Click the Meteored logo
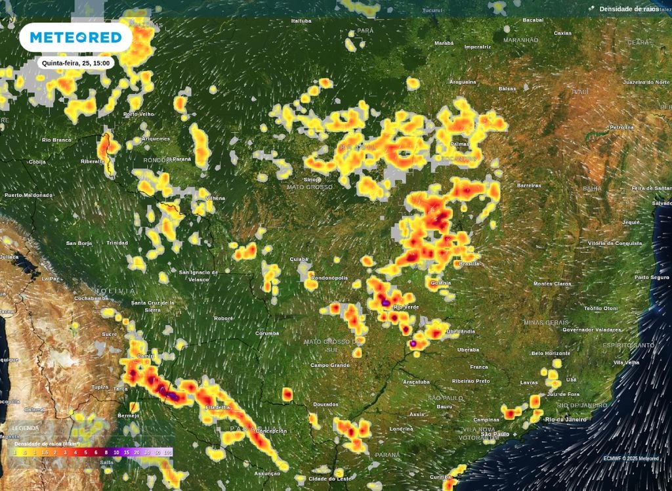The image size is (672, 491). [x=75, y=37]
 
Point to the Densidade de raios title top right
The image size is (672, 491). [x=629, y=9]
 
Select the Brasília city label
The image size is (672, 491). [x=470, y=263]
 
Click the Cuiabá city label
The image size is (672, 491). [x=299, y=259]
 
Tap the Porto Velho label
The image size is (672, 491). [x=138, y=114]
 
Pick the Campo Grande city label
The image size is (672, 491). [x=329, y=365]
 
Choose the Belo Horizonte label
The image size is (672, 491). [x=551, y=353]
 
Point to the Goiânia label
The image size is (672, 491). [x=441, y=283]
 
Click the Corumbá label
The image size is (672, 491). [x=267, y=333]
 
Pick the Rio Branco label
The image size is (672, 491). [x=56, y=140]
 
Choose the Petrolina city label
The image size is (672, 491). [x=621, y=127]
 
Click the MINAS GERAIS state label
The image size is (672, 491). [x=546, y=322]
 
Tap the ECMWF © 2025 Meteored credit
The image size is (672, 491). [x=632, y=458]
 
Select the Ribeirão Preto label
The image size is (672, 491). [x=471, y=381]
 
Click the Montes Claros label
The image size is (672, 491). [x=553, y=284]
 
